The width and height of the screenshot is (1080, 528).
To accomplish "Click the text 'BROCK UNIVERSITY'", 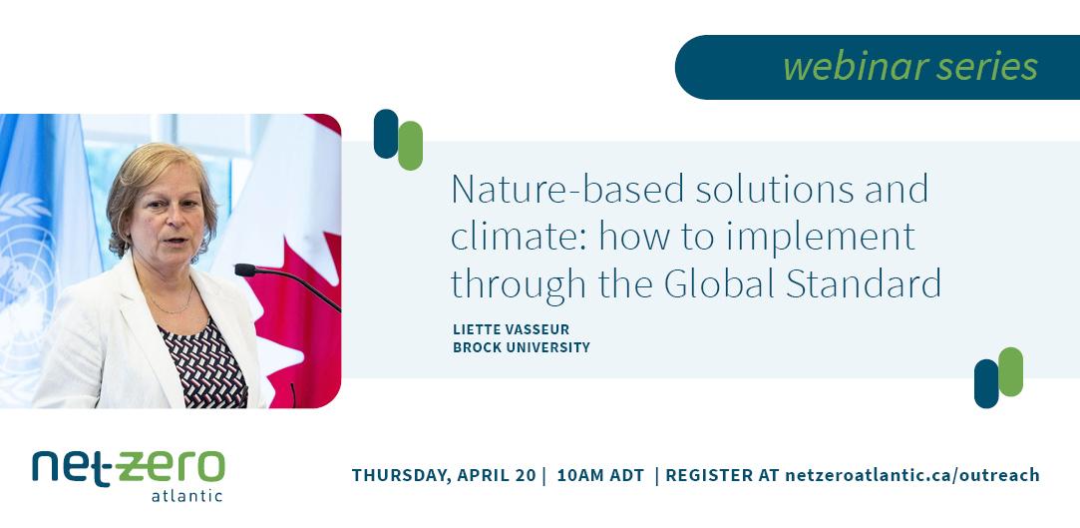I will [522, 347].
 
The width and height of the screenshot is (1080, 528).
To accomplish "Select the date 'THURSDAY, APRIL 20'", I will [444, 475].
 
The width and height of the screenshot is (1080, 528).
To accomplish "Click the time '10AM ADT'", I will [600, 475].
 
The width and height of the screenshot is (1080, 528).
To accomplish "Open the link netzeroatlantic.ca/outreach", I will [912, 475].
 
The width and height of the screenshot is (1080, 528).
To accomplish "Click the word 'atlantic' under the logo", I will [185, 495].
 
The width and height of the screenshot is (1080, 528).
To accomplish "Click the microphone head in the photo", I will [244, 269].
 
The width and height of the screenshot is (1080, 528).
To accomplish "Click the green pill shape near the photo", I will [410, 146].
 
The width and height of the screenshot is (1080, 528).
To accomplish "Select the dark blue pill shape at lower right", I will [986, 383].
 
